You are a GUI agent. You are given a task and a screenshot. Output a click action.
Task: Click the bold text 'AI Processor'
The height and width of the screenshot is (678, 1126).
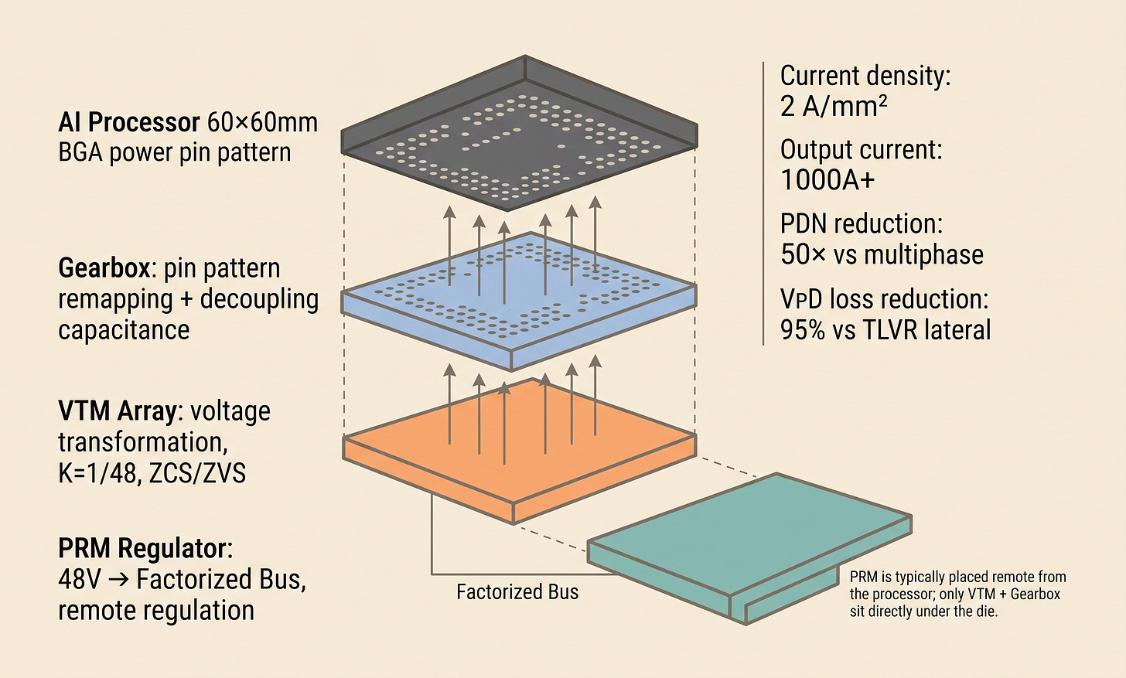coord(129,122)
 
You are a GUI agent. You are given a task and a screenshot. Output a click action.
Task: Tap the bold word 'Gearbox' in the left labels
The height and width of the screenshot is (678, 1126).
coord(104,268)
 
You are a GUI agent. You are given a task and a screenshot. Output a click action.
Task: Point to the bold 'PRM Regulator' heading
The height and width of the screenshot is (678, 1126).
coord(143,548)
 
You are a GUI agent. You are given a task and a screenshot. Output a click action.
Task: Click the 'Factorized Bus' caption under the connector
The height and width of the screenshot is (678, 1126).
coord(517,592)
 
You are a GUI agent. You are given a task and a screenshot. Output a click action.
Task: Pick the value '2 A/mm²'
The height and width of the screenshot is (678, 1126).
coord(834,106)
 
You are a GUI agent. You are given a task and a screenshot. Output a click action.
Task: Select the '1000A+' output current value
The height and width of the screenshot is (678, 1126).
coord(827,180)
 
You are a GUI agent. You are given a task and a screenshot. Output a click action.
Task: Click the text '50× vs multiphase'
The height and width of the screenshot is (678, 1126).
coord(882,254)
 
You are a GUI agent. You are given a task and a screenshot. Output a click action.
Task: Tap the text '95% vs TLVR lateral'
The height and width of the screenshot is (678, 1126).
coord(885,329)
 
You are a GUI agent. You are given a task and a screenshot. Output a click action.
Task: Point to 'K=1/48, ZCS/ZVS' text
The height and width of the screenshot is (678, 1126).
coord(152,472)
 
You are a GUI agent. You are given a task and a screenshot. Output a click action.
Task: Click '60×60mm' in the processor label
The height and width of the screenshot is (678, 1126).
coord(263,122)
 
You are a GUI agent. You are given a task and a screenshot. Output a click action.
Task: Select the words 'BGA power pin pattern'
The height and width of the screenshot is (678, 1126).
coord(175,152)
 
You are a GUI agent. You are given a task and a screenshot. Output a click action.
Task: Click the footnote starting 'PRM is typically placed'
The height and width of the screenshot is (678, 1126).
coord(957,594)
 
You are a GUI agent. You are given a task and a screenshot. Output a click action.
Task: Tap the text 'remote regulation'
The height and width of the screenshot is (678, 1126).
coord(156,610)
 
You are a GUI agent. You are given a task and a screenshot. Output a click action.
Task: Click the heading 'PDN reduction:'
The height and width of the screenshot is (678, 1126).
coord(862,224)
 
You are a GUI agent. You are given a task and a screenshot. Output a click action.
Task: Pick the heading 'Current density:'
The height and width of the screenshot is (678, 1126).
coord(865,76)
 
